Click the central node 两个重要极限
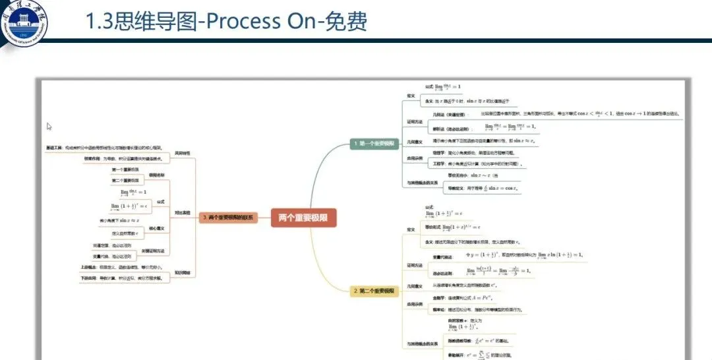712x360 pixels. (x=304, y=217)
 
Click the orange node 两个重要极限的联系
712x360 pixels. (x=228, y=217)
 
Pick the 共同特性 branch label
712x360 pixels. (x=183, y=154)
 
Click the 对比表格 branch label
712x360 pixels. (x=183, y=213)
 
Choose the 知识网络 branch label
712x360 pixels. (x=183, y=272)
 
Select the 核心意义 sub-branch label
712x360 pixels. (x=156, y=228)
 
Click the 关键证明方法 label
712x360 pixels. (x=156, y=251)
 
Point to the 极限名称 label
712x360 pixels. (x=156, y=175)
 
